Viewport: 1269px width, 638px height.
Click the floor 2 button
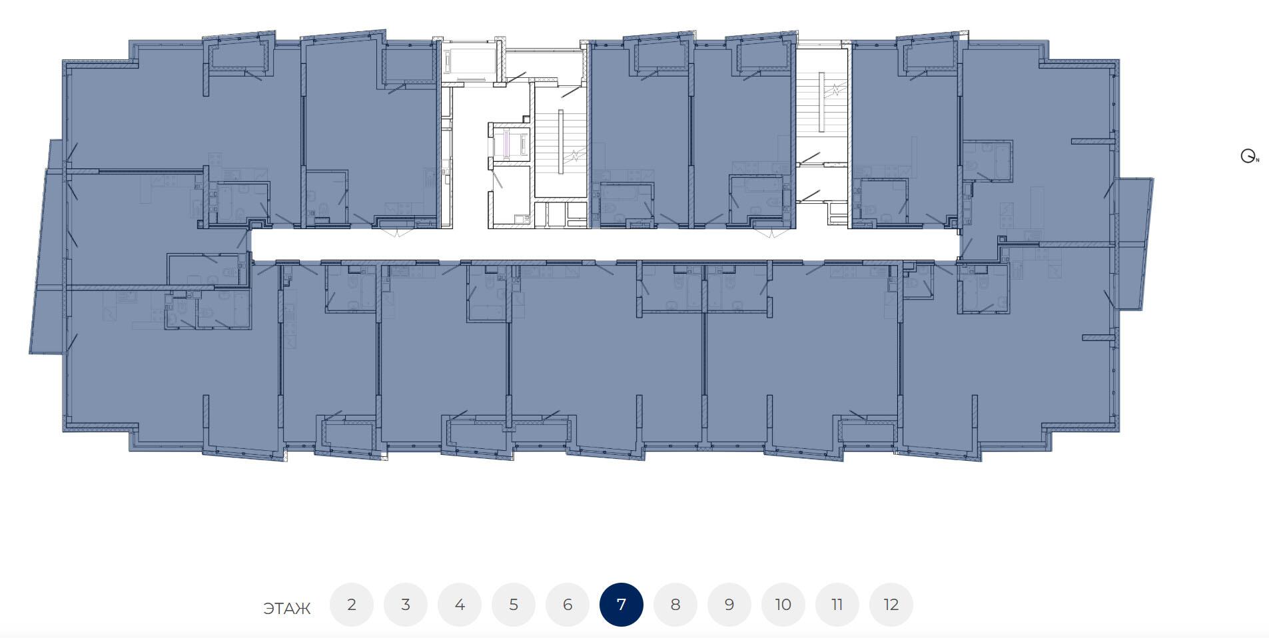coord(352,605)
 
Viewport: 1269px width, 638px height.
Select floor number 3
coord(406,605)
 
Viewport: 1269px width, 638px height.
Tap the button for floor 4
coord(460,605)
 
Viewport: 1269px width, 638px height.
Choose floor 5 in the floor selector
coord(514,605)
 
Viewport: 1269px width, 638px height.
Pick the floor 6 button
coord(568,605)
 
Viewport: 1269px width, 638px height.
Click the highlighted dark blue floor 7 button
coord(622,605)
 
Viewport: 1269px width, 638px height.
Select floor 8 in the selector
coord(675,605)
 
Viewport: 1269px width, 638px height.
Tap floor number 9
coord(729,605)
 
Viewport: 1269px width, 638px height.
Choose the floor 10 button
coord(783,605)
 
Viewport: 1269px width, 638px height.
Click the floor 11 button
coord(837,605)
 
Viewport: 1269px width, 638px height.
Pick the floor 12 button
coord(891,605)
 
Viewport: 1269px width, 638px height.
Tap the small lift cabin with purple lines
coord(509,144)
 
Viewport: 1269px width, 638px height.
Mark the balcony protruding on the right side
coord(1134,244)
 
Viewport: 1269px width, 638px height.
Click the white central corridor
coord(605,244)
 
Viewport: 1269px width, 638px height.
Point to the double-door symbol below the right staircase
coord(772,233)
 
